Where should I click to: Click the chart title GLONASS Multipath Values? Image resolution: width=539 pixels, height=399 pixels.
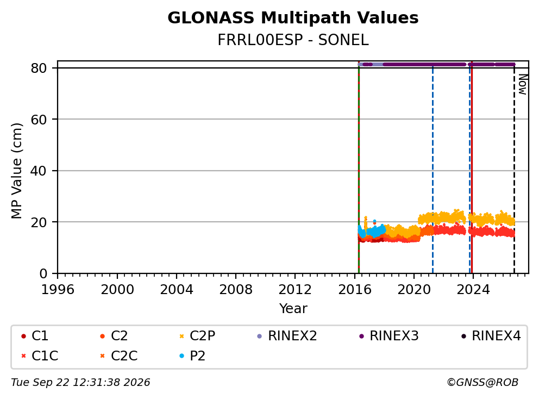click(x=293, y=18)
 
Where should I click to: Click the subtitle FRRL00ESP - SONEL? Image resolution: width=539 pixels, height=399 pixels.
click(x=293, y=40)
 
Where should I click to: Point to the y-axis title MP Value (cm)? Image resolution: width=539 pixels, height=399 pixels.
click(x=16, y=171)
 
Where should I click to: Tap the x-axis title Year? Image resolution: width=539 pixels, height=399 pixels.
click(x=293, y=308)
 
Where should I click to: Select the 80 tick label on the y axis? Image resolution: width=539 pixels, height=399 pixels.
click(x=39, y=68)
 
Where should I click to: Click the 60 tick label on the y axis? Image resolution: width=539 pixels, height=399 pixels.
click(x=39, y=120)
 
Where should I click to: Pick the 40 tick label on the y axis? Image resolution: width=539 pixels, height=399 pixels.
click(x=39, y=171)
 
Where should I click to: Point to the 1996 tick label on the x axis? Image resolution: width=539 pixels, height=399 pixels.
click(x=58, y=290)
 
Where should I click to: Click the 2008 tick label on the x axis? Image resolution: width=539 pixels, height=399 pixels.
click(x=236, y=290)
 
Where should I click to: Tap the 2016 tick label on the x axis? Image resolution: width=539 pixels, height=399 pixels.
click(x=355, y=290)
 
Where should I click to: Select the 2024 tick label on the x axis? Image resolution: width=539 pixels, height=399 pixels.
click(x=473, y=290)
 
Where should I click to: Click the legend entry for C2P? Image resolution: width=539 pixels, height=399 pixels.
click(x=197, y=336)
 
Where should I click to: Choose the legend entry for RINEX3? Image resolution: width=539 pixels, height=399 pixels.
click(x=389, y=336)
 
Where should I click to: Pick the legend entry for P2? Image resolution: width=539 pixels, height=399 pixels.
click(x=192, y=356)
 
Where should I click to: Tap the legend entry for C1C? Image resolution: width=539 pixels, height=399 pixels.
click(x=40, y=356)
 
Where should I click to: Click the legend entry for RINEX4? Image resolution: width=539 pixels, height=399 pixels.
click(x=491, y=336)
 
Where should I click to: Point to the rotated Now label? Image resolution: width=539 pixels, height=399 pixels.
click(x=523, y=85)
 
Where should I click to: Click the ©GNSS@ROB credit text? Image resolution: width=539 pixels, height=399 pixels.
click(x=482, y=383)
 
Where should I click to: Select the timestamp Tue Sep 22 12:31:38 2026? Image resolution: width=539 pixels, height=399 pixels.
click(x=80, y=383)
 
